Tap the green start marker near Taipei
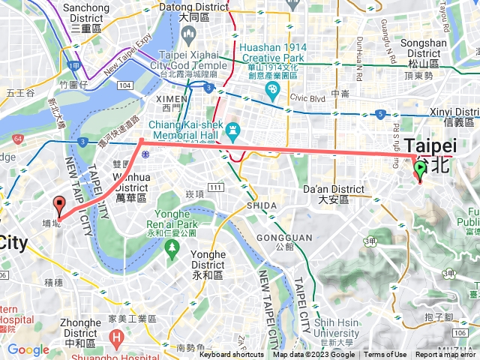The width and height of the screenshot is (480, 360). coord(420,172)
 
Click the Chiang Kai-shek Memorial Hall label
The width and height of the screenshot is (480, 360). coord(183,133)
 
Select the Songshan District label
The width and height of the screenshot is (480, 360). coord(424,48)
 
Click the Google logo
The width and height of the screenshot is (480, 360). coord(28,349)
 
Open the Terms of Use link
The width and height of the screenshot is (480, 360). coord(385,355)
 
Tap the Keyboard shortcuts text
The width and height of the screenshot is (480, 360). coord(232,355)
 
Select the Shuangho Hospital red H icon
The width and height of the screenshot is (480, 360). coord(116,339)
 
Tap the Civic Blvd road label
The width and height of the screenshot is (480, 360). coord(305,96)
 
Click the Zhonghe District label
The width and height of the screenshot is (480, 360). coord(79,328)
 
